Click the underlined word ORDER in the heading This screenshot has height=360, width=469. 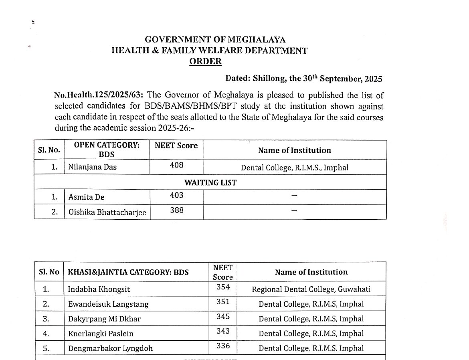[205, 61]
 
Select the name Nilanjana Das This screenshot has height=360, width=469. [92, 167]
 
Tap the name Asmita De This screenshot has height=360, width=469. [86, 197]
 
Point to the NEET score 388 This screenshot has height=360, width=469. [176, 210]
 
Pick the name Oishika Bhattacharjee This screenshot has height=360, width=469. [107, 212]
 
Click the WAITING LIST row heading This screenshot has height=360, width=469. [210, 183]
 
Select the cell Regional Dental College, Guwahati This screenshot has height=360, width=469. [311, 289]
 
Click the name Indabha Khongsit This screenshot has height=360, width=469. [99, 289]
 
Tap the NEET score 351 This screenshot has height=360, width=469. [223, 301]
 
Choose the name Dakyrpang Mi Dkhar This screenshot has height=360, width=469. [104, 319]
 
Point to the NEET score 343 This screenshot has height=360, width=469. [223, 331]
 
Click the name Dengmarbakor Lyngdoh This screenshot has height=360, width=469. [110, 348]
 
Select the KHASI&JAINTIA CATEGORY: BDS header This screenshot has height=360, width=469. [128, 273]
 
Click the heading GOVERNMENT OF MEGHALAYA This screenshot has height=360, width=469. [215, 40]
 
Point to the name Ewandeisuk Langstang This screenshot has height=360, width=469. [108, 304]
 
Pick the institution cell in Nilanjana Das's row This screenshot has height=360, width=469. [294, 168]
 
